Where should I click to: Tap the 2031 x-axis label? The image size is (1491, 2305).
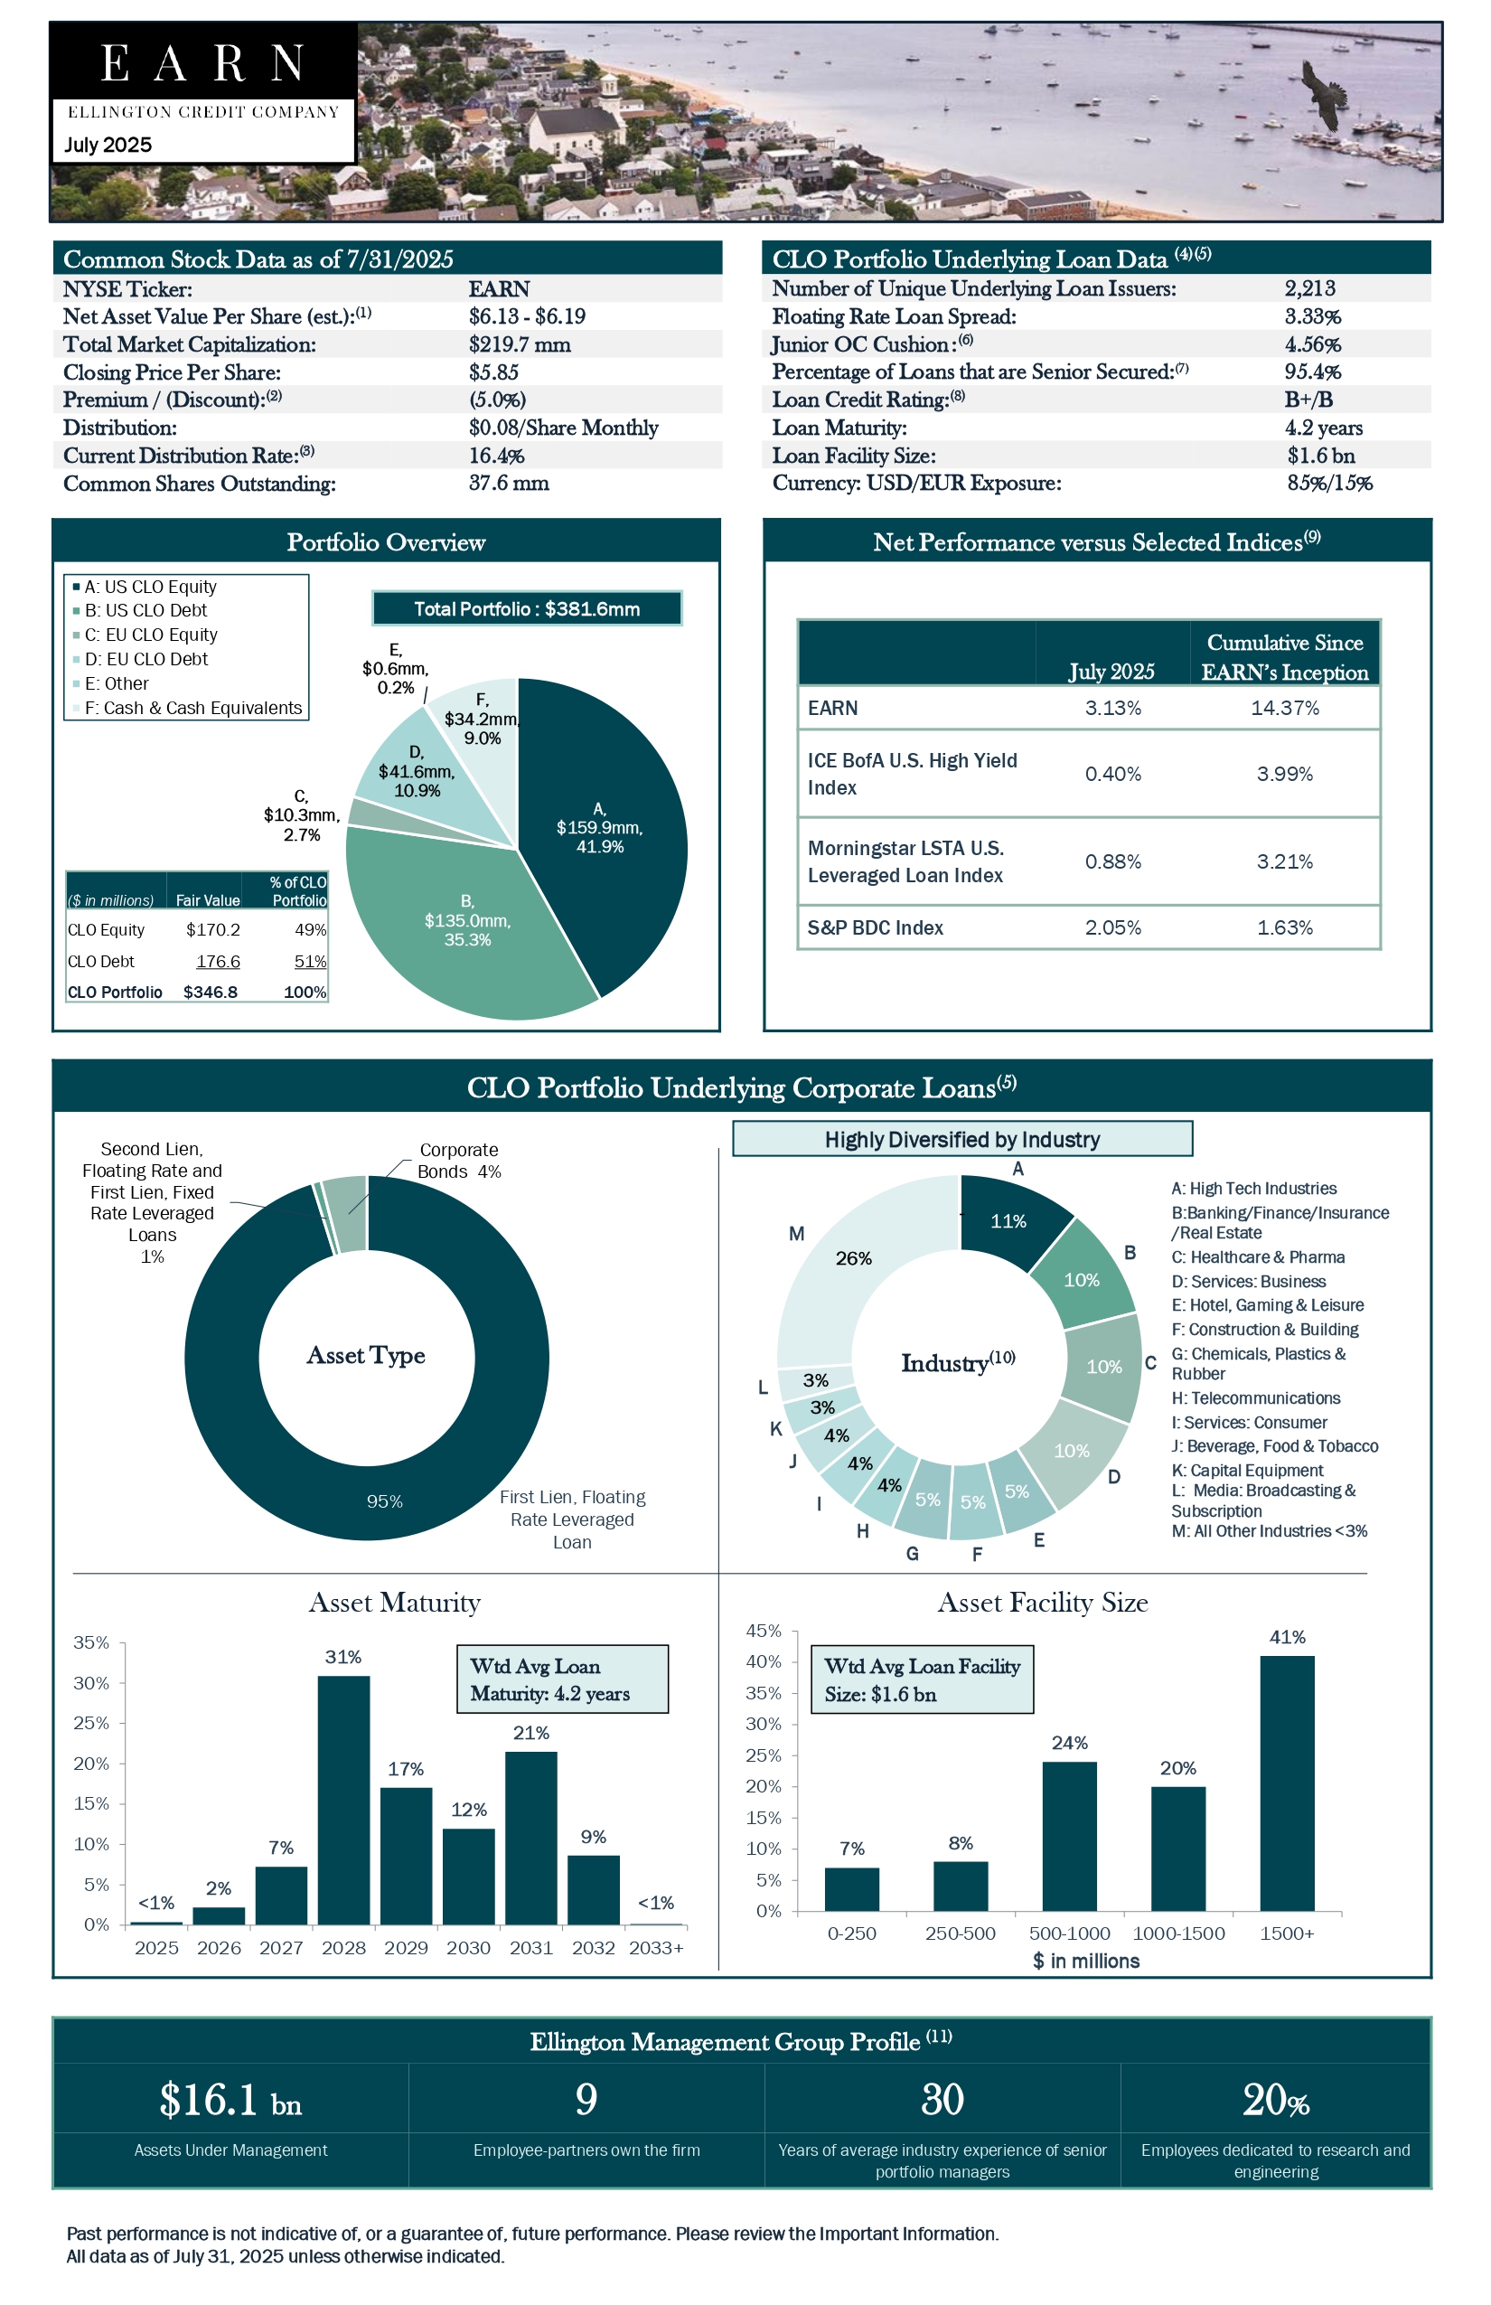tap(530, 1948)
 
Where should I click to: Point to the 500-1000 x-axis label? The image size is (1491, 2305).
tap(1069, 1933)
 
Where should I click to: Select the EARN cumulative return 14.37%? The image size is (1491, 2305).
tap(1285, 708)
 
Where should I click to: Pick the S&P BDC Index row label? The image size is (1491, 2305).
tap(876, 927)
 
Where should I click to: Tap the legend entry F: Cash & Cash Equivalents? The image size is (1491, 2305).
tap(192, 708)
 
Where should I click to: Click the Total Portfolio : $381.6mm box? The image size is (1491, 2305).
tap(527, 609)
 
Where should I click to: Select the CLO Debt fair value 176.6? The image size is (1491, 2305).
tap(218, 961)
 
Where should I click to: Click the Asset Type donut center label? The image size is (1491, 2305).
tap(366, 1355)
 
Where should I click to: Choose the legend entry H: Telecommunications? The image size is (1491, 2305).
tap(1256, 1397)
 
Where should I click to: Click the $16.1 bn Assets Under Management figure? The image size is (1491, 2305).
tap(230, 2100)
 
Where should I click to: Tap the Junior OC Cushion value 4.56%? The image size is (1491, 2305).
tap(1312, 343)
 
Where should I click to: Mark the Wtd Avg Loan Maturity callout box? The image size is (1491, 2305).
tap(561, 1679)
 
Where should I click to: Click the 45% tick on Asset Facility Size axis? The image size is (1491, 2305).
tap(763, 1631)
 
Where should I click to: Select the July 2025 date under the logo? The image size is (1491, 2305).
tap(108, 146)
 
